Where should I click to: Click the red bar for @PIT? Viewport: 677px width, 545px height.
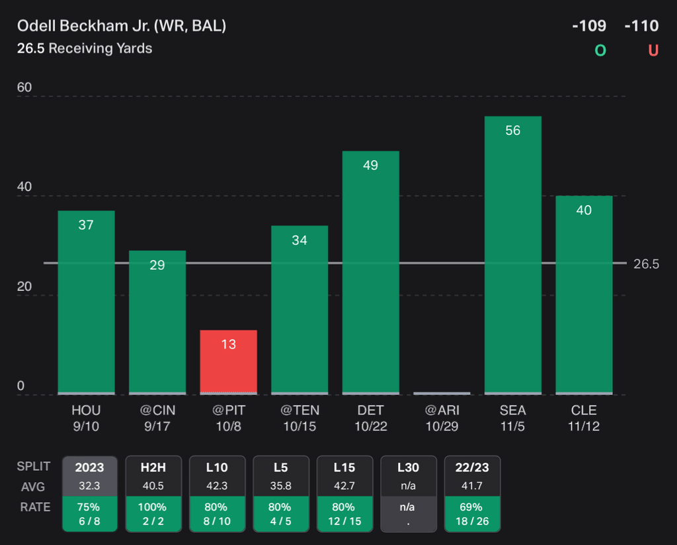coord(228,362)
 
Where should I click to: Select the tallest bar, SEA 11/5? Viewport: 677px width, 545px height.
coord(512,255)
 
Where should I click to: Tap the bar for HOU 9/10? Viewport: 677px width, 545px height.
coord(86,302)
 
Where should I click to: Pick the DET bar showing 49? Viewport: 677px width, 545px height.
coord(370,272)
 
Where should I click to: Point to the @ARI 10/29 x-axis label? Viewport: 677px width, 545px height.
coord(442,418)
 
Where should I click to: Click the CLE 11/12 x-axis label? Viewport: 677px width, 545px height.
coord(584,418)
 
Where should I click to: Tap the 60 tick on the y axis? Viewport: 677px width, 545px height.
coord(24,88)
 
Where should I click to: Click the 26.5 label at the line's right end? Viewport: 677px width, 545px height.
coord(646,264)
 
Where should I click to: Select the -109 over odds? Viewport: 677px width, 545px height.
coord(589,26)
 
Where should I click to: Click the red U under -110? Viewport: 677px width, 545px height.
coord(653,50)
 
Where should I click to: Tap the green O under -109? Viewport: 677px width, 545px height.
coord(600,50)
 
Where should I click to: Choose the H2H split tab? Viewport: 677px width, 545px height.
coord(153,468)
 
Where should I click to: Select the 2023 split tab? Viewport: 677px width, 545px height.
coord(89,468)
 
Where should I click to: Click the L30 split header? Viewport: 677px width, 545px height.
coord(408,468)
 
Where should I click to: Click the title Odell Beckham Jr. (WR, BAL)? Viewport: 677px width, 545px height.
coord(122,26)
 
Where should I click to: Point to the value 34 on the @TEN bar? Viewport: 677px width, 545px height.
coord(299,240)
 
